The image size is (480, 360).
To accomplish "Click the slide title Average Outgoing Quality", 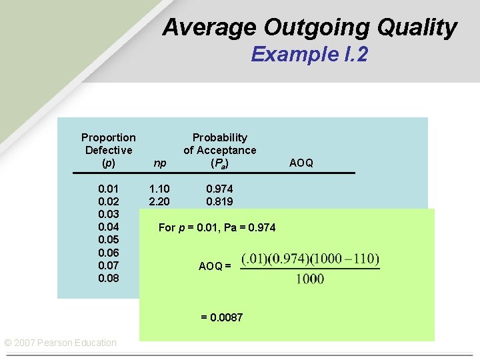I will [x=309, y=28].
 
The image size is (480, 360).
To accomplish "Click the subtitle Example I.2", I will [x=309, y=54].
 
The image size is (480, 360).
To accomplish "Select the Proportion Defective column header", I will [x=109, y=150].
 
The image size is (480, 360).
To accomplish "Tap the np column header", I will [x=160, y=163].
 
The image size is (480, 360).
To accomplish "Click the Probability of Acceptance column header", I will [x=219, y=150].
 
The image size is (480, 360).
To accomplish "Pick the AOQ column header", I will [x=301, y=163].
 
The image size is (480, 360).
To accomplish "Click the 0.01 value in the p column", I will [x=109, y=189].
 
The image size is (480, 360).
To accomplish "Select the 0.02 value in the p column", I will [x=109, y=201].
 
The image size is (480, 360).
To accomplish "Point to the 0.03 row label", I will [x=109, y=214].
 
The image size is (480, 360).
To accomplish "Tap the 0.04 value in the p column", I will [x=109, y=227].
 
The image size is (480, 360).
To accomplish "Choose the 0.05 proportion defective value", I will [x=109, y=239].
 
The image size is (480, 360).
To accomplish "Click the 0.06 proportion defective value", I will [x=109, y=253].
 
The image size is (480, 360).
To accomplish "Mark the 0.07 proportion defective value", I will [x=109, y=265].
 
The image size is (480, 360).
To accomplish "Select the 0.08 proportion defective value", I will [x=109, y=278].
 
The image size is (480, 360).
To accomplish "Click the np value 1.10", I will [x=160, y=189].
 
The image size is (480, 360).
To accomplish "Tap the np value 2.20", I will [x=160, y=201].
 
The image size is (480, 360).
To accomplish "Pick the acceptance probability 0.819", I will [x=219, y=201].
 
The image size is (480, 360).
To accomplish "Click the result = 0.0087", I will [x=222, y=317].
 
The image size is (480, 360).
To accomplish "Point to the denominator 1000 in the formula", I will [x=310, y=279].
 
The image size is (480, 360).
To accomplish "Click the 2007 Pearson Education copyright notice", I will [x=60, y=343].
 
